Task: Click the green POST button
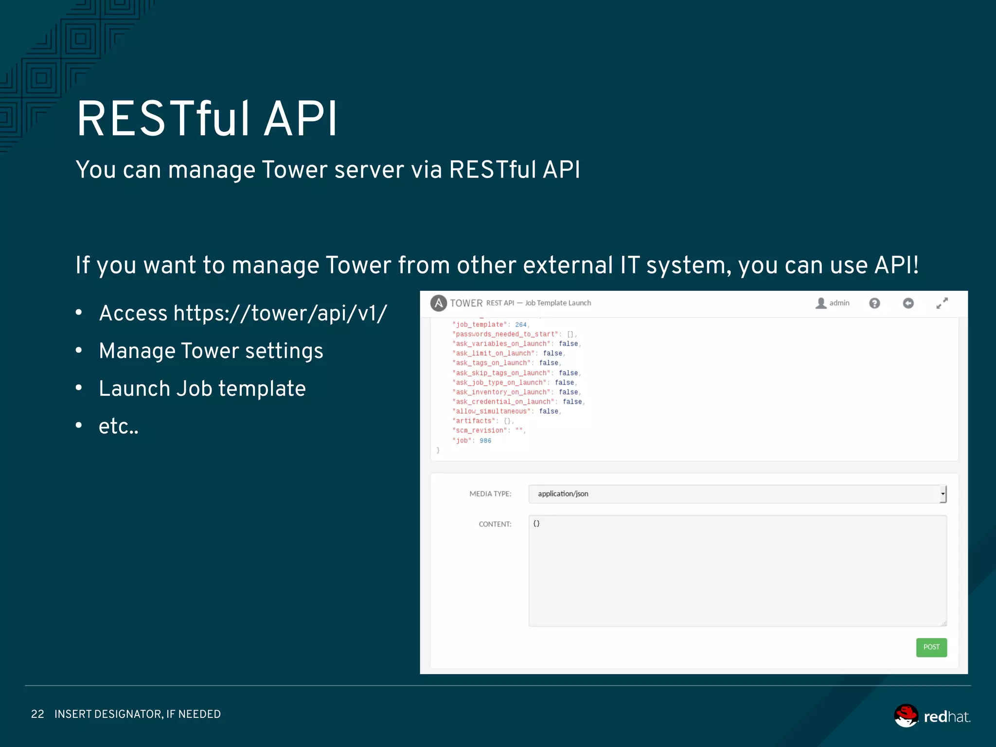[931, 647]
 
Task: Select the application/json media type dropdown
[737, 494]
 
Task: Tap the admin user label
[838, 303]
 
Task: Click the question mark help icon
[874, 303]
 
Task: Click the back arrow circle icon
[907, 303]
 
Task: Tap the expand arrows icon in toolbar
[942, 303]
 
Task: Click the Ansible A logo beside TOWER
[438, 303]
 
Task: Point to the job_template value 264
[520, 325]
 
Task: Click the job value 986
[485, 441]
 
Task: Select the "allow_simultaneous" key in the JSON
[491, 411]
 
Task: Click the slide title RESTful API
[207, 119]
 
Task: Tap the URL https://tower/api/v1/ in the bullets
[280, 313]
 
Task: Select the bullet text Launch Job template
[202, 389]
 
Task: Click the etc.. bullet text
[118, 427]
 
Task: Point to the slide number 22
[37, 714]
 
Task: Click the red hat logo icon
[906, 716]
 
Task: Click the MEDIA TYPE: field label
[490, 494]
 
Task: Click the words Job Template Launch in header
[558, 303]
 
